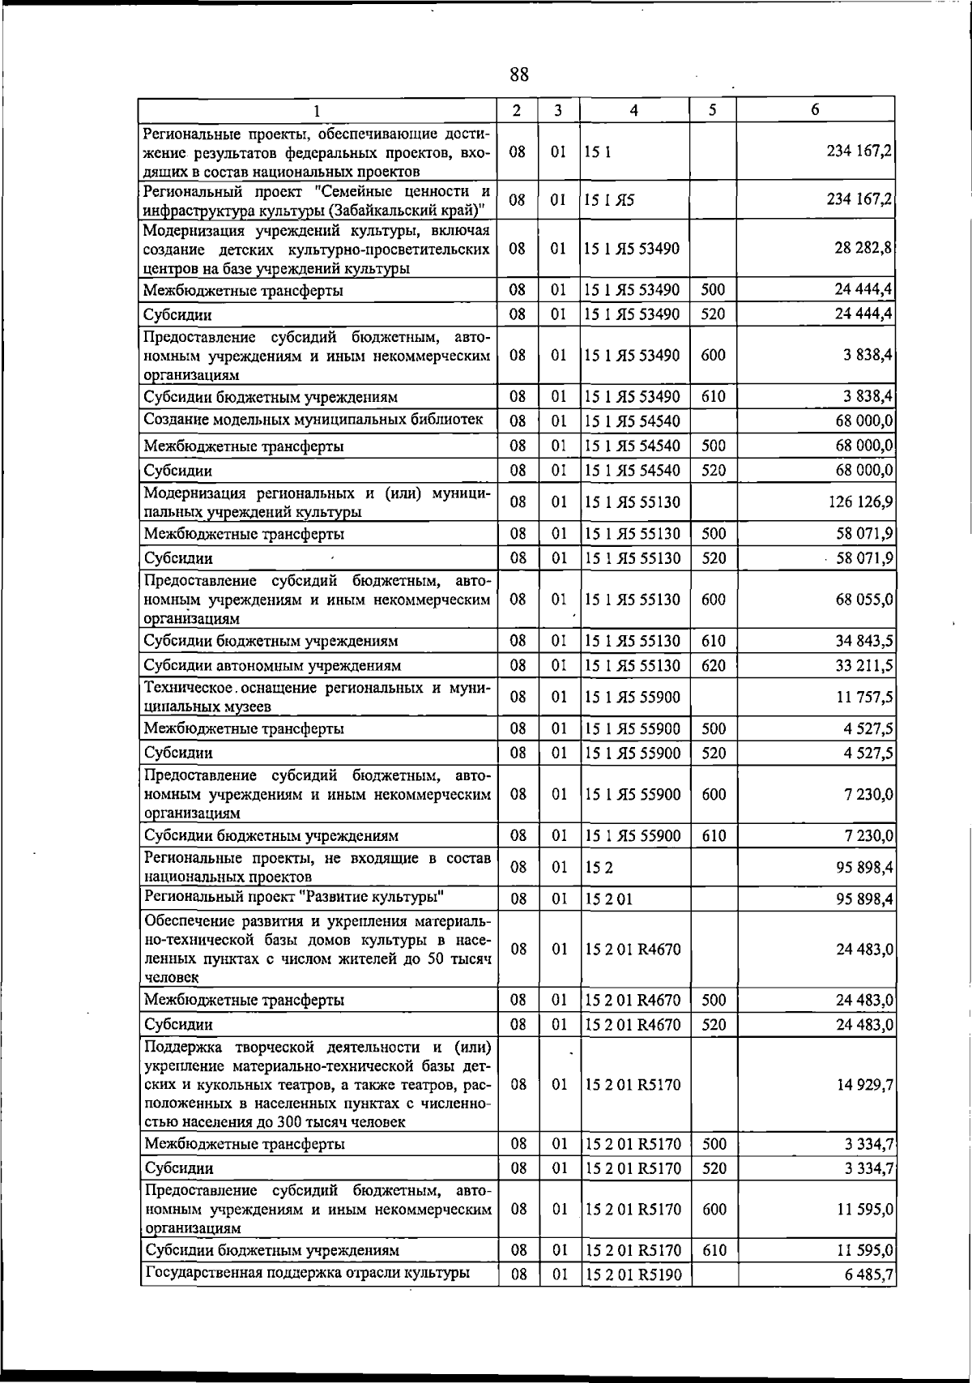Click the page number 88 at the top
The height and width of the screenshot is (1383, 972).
519,75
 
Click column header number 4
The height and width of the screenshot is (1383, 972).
633,110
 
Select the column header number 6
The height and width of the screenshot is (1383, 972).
815,109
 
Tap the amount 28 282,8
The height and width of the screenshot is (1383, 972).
863,248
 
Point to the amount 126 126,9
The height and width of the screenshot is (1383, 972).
860,502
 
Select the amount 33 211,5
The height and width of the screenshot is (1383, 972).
863,665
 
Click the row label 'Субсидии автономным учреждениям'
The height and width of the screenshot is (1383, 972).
272,665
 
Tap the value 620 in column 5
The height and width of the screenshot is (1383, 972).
713,665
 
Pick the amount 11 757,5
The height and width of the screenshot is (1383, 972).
863,697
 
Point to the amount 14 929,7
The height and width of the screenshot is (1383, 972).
864,1085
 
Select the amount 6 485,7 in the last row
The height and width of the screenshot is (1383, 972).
868,1275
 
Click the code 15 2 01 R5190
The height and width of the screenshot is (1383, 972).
633,1275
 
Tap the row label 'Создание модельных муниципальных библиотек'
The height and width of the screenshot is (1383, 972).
313,419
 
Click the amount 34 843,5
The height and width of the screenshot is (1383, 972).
863,641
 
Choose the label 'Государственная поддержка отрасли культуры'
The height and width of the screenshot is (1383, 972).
307,1272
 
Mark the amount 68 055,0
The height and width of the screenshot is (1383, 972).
863,600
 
